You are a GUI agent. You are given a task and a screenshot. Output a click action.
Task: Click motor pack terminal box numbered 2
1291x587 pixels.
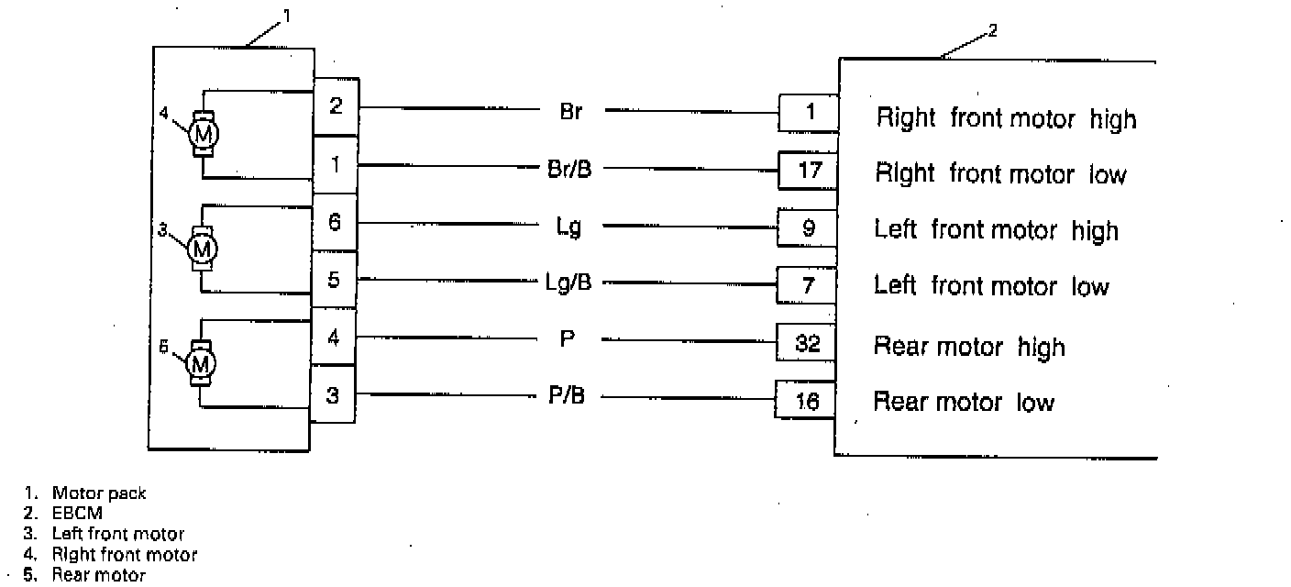tap(336, 106)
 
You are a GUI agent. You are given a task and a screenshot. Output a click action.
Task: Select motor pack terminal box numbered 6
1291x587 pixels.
tap(336, 222)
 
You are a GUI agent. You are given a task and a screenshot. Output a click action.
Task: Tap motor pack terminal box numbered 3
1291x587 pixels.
tap(333, 396)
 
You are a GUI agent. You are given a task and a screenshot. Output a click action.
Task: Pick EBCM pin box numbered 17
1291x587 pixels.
tap(807, 171)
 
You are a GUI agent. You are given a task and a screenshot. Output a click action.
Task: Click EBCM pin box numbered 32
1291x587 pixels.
tap(807, 344)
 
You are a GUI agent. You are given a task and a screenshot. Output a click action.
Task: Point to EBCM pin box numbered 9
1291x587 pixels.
tap(807, 228)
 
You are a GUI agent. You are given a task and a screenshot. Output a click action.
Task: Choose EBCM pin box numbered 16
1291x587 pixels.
tap(806, 401)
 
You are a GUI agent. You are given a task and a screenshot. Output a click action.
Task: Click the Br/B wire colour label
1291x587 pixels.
tap(569, 169)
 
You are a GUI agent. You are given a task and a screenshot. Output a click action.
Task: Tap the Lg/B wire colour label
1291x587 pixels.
tap(569, 282)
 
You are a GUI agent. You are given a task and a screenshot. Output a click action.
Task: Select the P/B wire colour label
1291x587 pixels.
tap(568, 396)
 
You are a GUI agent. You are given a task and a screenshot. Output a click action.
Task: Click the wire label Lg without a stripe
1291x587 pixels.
tap(569, 226)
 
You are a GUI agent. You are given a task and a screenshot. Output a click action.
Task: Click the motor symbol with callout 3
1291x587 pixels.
tap(202, 248)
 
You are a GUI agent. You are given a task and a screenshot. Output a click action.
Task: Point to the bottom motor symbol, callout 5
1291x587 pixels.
tap(201, 364)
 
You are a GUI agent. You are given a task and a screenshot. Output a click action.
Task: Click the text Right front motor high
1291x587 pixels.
tap(1006, 119)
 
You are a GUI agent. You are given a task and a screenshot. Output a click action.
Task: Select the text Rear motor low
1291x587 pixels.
tap(964, 402)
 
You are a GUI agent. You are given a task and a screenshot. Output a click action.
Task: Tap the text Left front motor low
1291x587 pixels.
tap(991, 286)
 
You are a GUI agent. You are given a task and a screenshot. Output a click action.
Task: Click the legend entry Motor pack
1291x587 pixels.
tap(98, 493)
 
